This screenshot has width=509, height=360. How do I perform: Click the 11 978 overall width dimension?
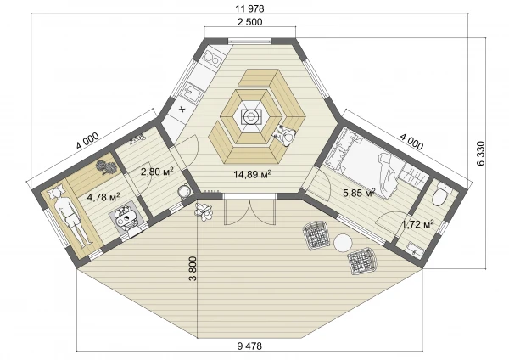pos(249,8)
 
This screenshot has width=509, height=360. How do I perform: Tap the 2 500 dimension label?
pos(250,22)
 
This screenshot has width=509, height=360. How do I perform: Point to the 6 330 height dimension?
pos(481,154)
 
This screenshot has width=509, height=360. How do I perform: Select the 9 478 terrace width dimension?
pos(249,346)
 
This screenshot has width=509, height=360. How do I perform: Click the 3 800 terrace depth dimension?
pos(193,268)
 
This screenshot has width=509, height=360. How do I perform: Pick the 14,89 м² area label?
pos(253,174)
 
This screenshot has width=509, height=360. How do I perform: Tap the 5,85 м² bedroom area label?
pos(359,193)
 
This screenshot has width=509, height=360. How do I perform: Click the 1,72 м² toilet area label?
pos(418,224)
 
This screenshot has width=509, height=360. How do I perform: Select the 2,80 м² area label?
pos(157,172)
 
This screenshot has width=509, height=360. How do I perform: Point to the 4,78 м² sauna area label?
pos(103,197)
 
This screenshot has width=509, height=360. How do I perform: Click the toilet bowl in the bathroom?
pos(441,194)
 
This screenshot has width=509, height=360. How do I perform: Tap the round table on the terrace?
pos(343,243)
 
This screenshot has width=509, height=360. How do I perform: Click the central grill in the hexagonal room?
pos(250,116)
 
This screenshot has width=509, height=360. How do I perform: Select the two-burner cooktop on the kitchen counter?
pos(211,59)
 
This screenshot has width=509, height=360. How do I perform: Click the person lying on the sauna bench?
pos(70,215)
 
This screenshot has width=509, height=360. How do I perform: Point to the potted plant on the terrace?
pos(204,211)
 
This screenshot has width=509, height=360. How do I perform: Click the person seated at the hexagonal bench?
pos(285,136)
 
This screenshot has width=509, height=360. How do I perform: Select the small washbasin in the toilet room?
pos(413,250)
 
